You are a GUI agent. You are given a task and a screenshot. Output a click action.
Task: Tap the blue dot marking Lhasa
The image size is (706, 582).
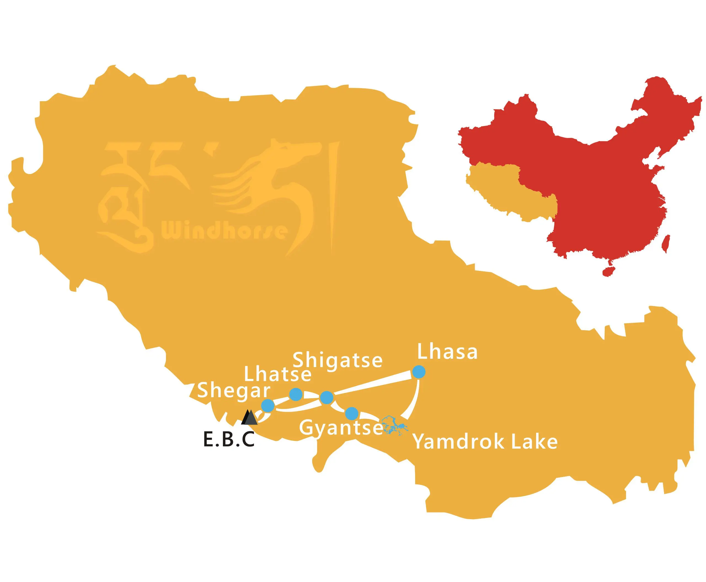coord(418,371)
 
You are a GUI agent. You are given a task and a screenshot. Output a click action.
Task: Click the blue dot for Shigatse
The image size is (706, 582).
coord(327,398)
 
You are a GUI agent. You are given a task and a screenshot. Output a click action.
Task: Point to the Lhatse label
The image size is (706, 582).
coord(277,374)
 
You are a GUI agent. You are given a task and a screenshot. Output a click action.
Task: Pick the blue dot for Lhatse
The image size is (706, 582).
coord(296,394)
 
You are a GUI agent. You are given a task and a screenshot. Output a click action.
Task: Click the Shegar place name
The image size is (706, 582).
coord(234,391)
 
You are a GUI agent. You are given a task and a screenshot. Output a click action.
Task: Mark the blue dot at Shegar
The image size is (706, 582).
coord(268,406)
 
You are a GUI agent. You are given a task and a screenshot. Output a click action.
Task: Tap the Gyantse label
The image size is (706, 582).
coord(341,429)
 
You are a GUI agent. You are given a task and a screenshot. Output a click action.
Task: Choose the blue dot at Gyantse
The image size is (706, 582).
coord(351,413)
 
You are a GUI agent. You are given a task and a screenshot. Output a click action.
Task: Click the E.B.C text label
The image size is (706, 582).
coord(229,440)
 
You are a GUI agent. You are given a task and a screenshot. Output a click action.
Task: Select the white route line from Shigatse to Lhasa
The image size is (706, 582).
coord(373,384)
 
